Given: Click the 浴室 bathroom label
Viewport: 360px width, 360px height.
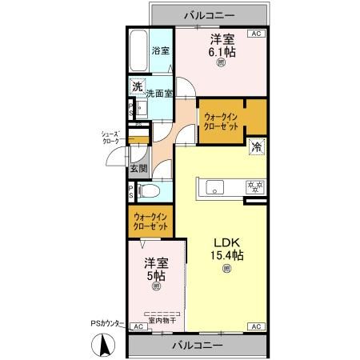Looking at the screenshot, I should pos(161,50).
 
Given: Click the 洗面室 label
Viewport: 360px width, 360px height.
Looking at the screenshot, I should pos(158,93).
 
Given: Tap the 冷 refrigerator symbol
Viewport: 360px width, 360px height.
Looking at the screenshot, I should pos(258,147).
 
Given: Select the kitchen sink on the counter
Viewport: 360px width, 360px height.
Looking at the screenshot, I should pos(216,187).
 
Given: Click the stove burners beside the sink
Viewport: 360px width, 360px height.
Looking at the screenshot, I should pos(255,188).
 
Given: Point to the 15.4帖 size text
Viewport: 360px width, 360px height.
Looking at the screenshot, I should pos(227,256).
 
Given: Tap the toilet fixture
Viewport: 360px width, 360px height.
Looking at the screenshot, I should pos(150,191).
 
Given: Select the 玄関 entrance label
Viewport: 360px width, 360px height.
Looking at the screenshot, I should pos(138,169).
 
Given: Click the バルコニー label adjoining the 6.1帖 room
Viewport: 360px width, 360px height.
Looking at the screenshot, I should pos(206,14).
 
